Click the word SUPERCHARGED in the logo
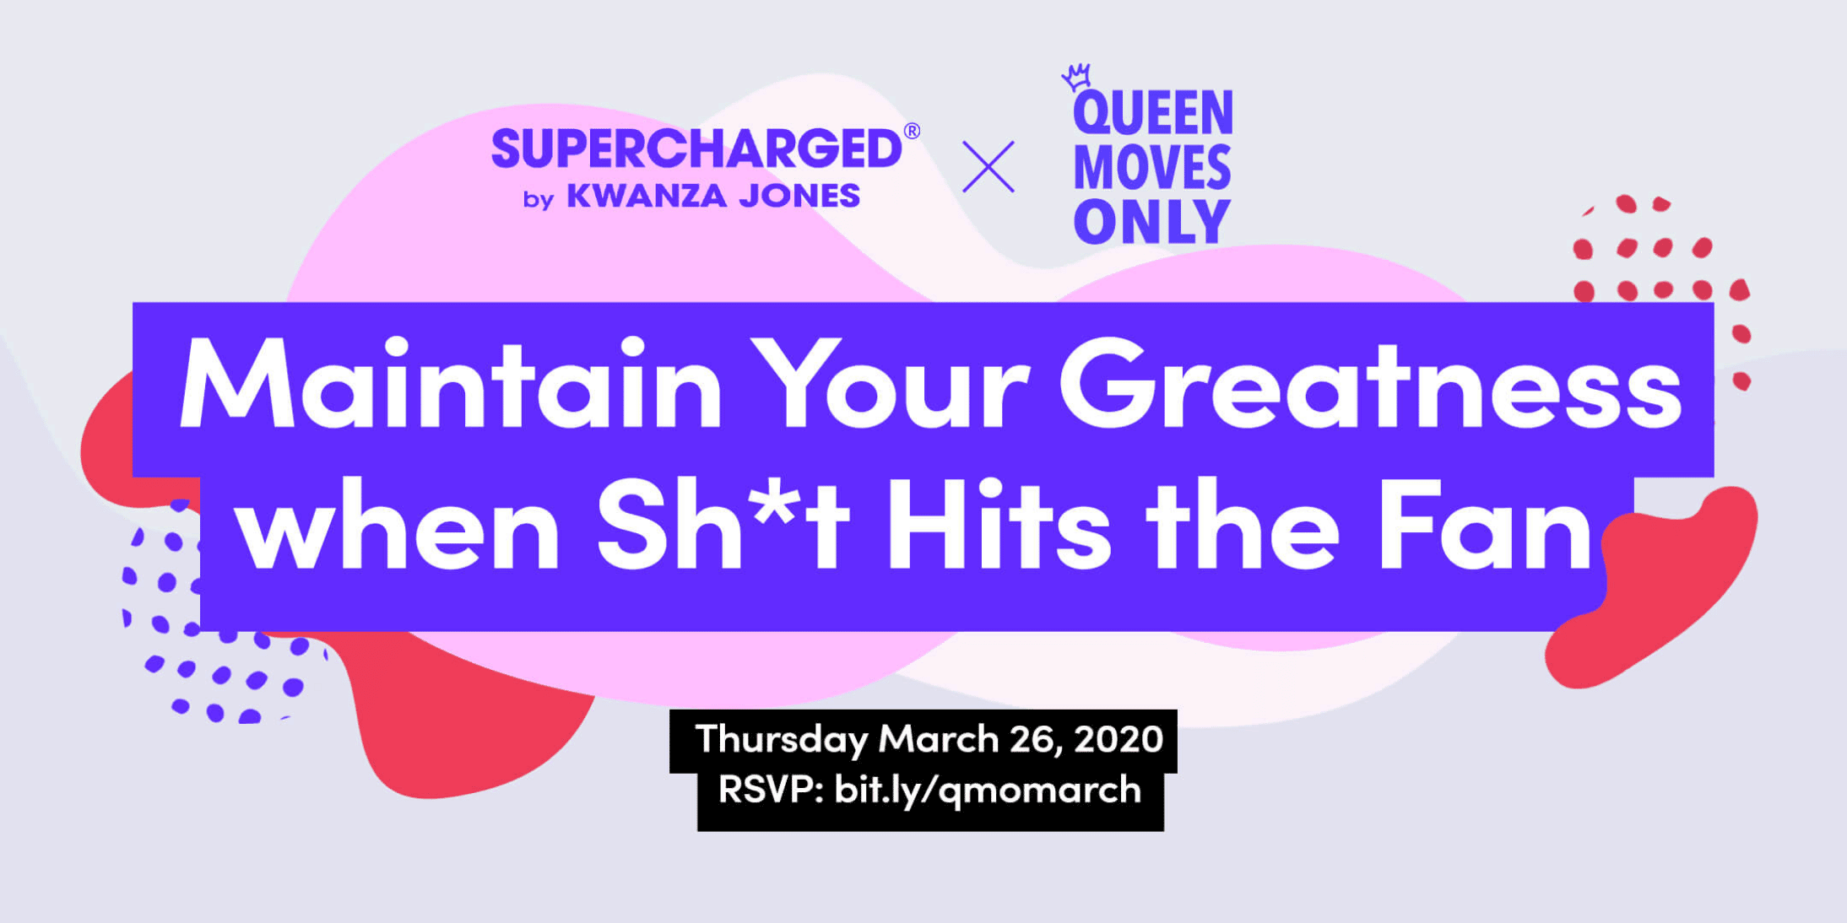[x=696, y=149]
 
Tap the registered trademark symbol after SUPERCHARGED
[x=912, y=131]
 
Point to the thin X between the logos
[x=988, y=166]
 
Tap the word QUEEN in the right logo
[x=1152, y=114]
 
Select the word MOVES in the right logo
[x=1152, y=167]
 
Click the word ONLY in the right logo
[x=1152, y=222]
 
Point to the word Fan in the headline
[x=1486, y=527]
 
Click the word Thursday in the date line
[x=781, y=740]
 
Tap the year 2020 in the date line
[x=1118, y=739]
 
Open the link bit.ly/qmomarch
[x=988, y=791]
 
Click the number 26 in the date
[x=1035, y=739]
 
